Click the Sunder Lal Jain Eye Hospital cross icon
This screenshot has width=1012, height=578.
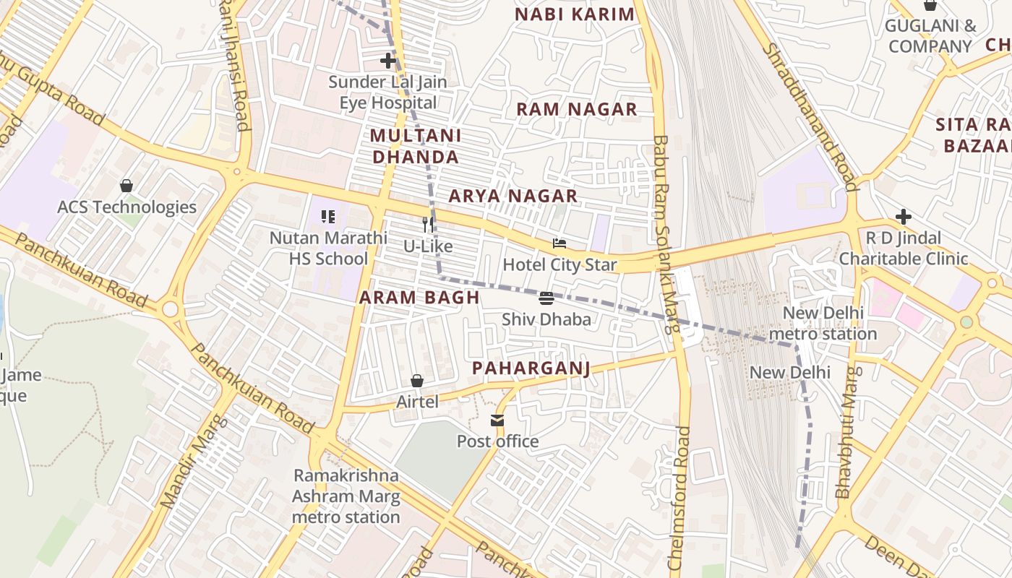[388, 61]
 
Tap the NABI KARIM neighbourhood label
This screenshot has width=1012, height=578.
[575, 14]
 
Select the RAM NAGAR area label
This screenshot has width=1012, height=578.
[576, 109]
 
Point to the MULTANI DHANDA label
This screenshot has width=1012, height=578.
[415, 146]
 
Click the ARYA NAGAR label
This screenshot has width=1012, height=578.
[513, 196]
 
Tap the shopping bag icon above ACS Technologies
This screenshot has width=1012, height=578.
[126, 186]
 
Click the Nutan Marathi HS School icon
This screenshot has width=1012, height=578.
[328, 216]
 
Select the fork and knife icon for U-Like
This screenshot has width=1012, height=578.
[428, 225]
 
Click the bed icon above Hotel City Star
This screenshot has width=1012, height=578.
[559, 243]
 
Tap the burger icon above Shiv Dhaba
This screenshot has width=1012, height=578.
[546, 298]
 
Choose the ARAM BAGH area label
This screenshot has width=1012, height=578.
[419, 297]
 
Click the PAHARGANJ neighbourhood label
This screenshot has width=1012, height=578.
[531, 368]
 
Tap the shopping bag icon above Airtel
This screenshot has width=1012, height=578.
[417, 380]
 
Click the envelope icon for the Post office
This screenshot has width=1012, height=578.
[497, 420]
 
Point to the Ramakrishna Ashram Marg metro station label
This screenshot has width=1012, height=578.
[346, 496]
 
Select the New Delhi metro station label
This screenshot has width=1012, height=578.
[823, 323]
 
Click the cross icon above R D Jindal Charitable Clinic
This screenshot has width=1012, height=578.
[903, 216]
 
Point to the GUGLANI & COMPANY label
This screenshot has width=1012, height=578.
[930, 36]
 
